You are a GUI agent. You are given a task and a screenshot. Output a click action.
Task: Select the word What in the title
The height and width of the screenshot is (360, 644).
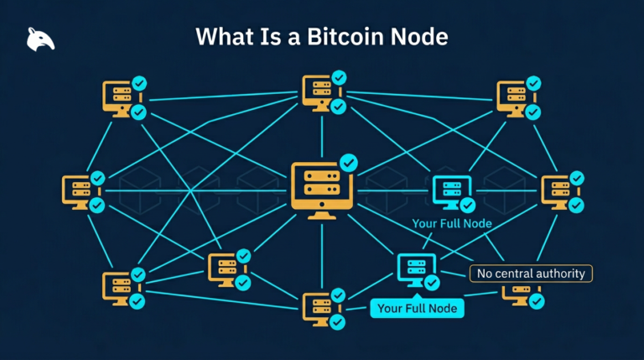tap(222, 37)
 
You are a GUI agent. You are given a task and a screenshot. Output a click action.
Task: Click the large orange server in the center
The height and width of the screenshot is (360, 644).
tap(320, 190)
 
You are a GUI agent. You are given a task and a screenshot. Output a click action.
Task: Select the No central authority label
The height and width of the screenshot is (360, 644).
tap(531, 274)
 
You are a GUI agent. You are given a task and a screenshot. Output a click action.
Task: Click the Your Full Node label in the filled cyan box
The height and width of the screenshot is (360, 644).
tap(417, 308)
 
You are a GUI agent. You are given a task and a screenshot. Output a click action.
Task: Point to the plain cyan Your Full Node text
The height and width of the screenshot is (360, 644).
tap(451, 224)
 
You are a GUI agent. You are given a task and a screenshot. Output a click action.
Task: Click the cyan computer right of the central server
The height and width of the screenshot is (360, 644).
tap(450, 193)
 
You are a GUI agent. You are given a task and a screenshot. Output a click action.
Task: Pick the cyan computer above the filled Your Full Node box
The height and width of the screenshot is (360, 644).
tap(415, 269)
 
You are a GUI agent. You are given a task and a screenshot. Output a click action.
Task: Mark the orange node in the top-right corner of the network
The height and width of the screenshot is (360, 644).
tap(514, 97)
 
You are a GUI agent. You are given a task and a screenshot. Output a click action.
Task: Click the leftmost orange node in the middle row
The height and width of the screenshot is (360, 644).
tap(79, 191)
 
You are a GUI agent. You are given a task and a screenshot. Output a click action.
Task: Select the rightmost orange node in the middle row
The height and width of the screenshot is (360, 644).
tap(558, 191)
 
